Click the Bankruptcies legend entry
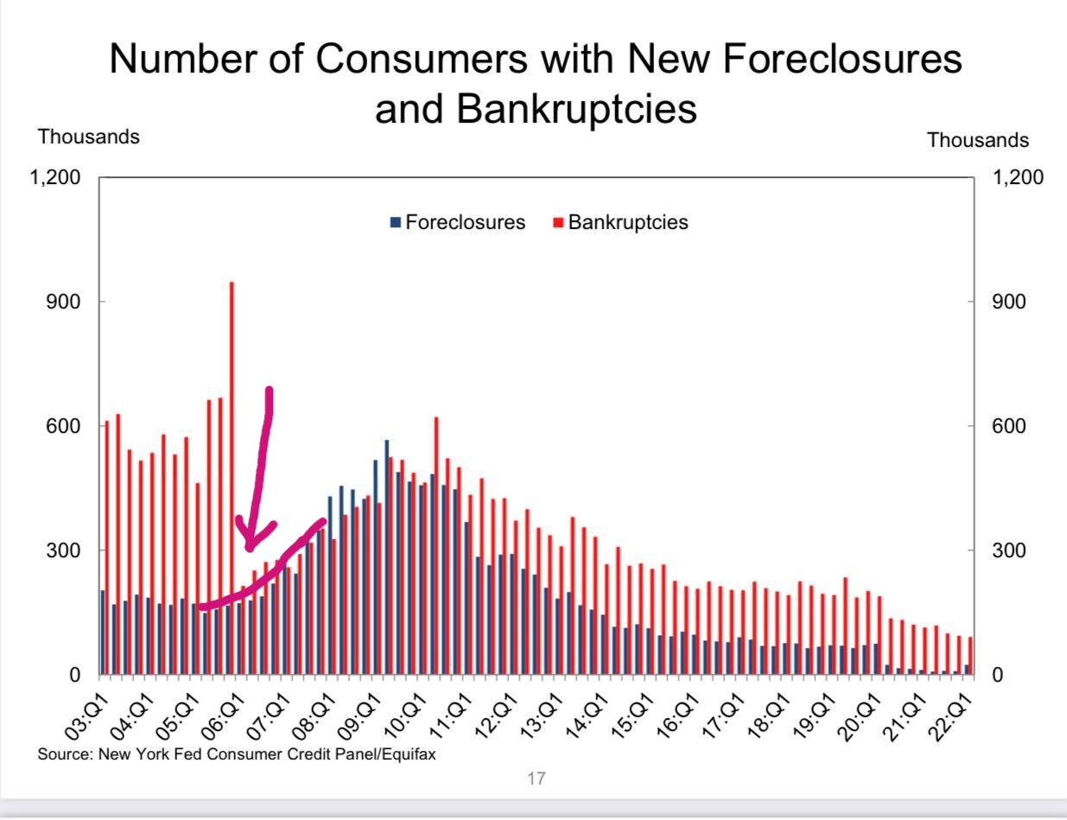[627, 222]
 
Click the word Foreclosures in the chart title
[842, 59]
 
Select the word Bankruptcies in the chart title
[575, 109]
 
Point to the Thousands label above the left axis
[88, 137]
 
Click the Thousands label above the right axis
[978, 140]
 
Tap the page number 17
[536, 779]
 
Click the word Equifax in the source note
[408, 753]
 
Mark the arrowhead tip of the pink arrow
[249, 548]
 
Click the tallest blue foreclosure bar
[386, 557]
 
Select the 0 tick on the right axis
[998, 675]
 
